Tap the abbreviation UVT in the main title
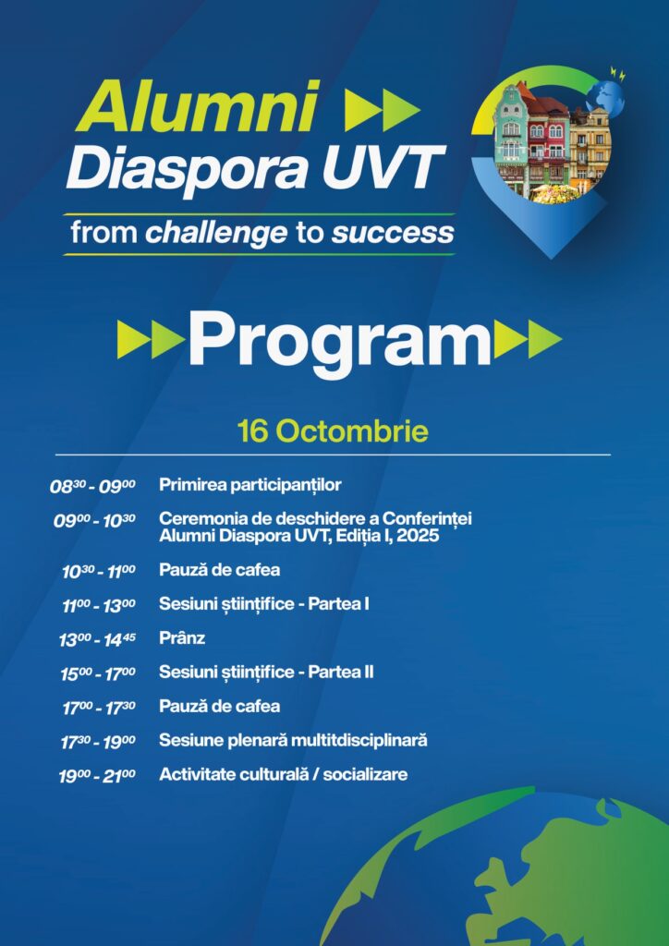point(378,166)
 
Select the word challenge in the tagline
point(216,234)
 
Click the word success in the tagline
point(392,234)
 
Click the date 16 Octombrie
point(333,432)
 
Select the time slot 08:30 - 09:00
point(93,486)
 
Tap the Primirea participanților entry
point(250,485)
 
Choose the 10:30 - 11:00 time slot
point(99,571)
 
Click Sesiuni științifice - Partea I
point(264,604)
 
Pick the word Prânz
point(182,637)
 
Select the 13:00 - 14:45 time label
point(97,639)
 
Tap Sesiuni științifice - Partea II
point(266,673)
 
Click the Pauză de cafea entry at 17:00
point(220,706)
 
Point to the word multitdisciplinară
point(359,740)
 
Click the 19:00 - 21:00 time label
point(97,776)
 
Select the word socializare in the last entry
point(365,774)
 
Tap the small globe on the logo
point(607,96)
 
